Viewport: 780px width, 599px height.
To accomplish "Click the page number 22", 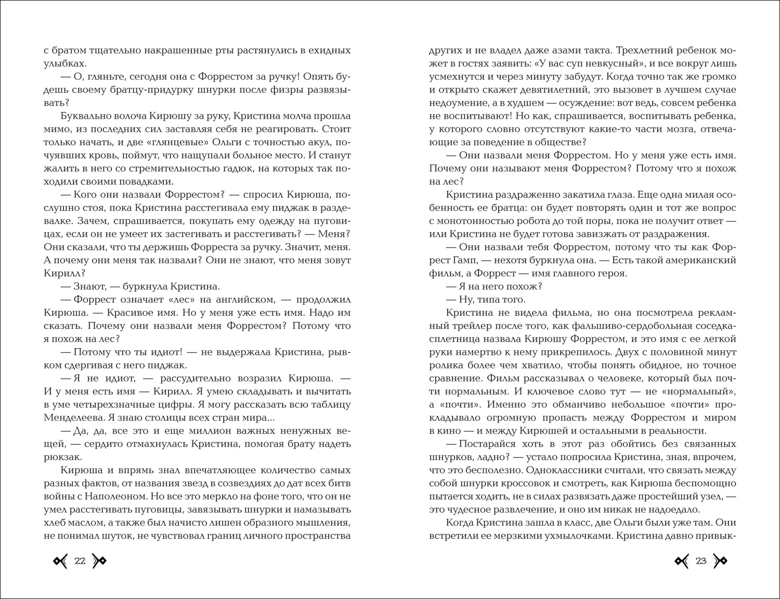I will tap(80, 560).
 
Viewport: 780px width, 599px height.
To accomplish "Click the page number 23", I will tap(700, 560).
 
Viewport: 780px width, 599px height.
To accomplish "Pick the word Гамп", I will tap(456, 260).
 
